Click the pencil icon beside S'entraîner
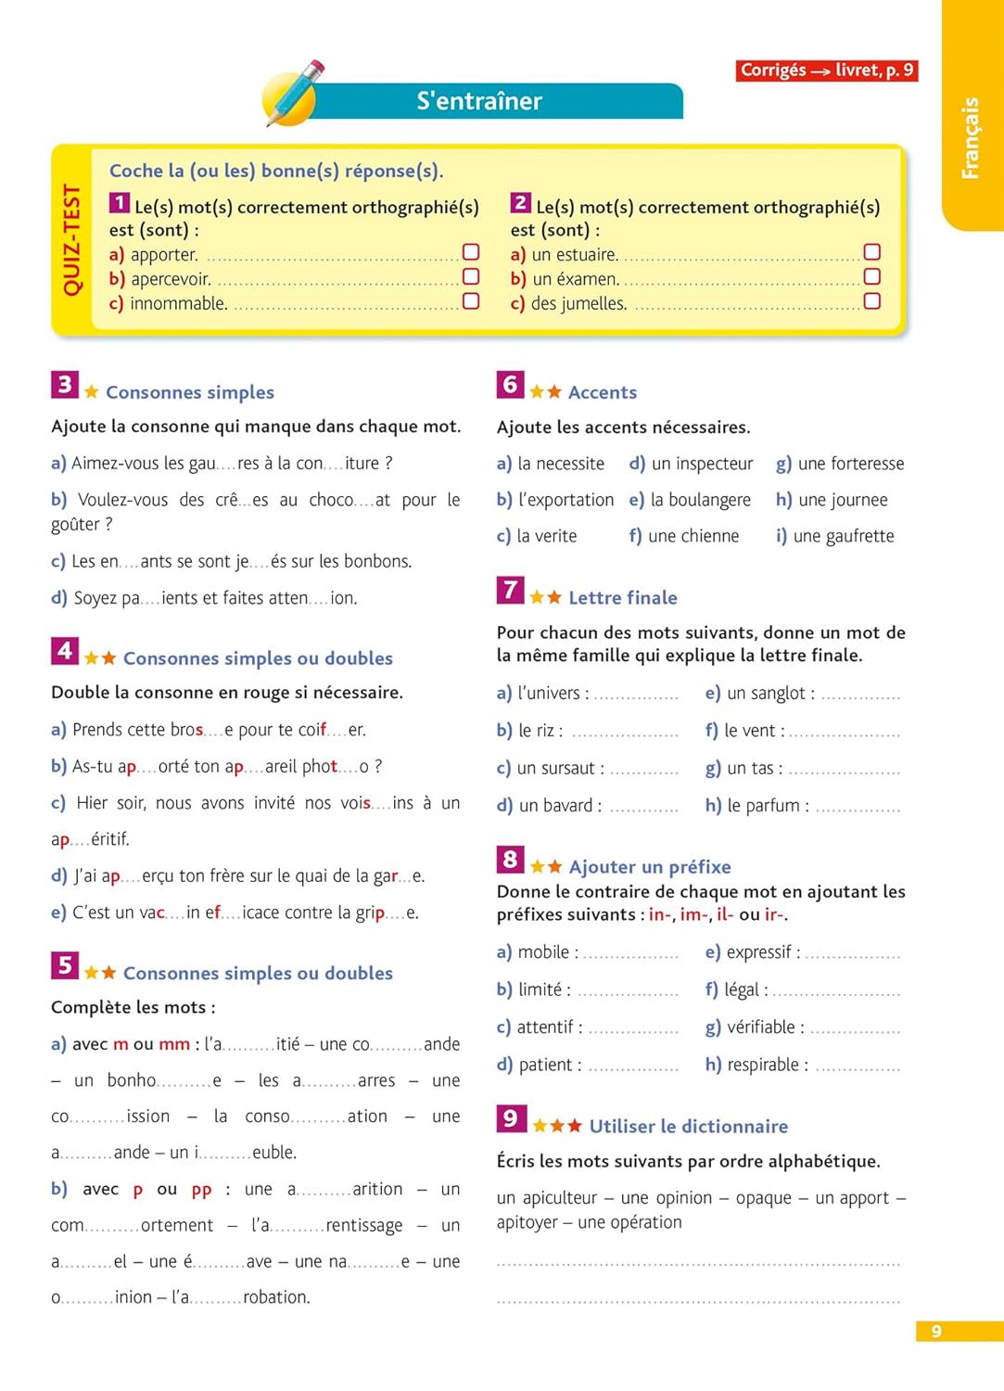(294, 93)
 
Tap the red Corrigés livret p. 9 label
(827, 70)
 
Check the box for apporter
(471, 252)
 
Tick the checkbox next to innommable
(471, 301)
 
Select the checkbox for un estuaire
(871, 252)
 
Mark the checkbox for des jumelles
(871, 301)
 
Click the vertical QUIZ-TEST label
(71, 239)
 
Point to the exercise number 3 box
(65, 385)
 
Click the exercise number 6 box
(510, 385)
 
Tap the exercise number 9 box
(510, 1118)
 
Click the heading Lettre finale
(622, 598)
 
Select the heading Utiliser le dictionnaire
(688, 1127)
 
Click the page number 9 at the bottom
(936, 1332)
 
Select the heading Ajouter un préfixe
(649, 867)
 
